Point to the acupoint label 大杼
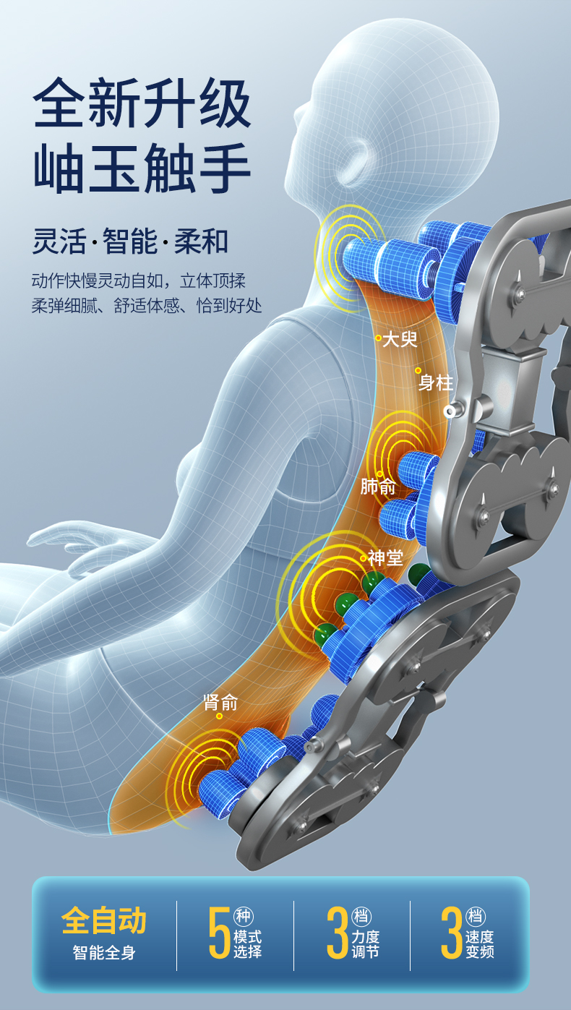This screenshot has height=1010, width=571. click(x=400, y=338)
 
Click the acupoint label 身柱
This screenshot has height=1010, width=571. click(x=436, y=382)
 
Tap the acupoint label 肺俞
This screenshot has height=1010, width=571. click(x=378, y=487)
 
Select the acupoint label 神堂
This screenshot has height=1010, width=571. click(x=385, y=557)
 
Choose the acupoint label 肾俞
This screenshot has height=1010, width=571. click(x=220, y=702)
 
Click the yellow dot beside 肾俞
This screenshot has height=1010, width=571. click(x=219, y=716)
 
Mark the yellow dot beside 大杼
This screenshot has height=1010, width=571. click(x=378, y=338)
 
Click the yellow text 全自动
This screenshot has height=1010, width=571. click(x=104, y=921)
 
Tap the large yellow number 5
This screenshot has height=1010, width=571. click(x=219, y=933)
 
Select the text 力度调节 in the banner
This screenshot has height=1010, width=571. click(x=365, y=944)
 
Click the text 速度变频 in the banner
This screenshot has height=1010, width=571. click(x=480, y=944)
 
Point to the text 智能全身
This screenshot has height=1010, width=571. click(x=104, y=953)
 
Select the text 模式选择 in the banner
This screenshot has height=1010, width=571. click(x=247, y=944)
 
